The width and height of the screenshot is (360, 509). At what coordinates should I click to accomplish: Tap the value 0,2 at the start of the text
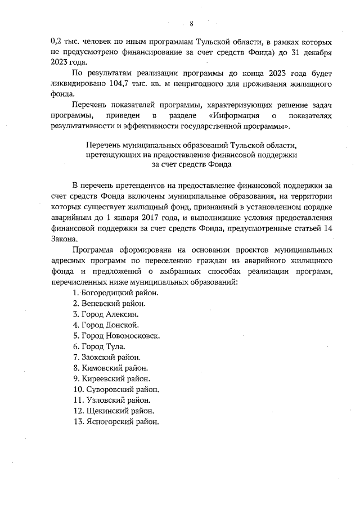(57, 42)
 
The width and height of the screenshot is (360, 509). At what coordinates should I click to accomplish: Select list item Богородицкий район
(116, 293)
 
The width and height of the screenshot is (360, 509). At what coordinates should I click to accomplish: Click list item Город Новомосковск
(116, 336)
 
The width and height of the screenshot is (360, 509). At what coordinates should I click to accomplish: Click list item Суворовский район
(115, 389)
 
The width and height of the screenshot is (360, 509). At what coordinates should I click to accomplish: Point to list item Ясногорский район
(116, 421)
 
